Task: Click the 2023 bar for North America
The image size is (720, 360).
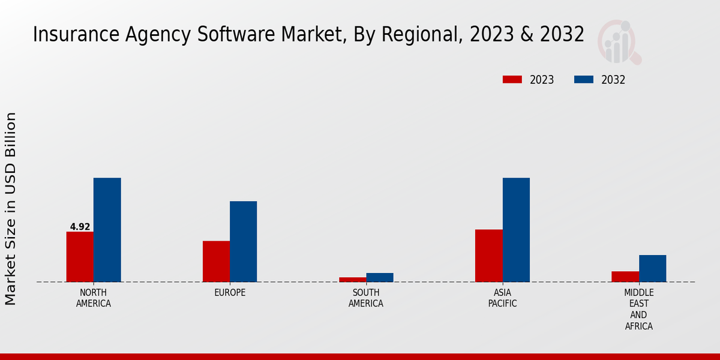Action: (80, 257)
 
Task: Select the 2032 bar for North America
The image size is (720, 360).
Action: (107, 230)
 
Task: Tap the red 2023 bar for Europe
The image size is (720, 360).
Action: (216, 261)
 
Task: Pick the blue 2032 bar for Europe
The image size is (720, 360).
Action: (243, 241)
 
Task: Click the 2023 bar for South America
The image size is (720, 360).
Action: (352, 279)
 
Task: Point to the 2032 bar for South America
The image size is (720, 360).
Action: (380, 277)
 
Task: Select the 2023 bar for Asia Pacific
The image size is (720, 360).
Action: (488, 256)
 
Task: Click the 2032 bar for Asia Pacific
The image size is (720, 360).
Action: (516, 230)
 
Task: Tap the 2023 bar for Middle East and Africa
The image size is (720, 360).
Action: (625, 276)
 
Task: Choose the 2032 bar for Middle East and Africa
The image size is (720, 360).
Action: (652, 268)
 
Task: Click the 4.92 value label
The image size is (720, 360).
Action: (80, 227)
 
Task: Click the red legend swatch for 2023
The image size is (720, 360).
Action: (512, 80)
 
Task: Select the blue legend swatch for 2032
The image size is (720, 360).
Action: (584, 80)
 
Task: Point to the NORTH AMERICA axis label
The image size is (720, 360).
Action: (94, 298)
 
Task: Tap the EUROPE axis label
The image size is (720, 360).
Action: (230, 293)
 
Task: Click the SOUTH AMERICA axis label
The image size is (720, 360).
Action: (366, 298)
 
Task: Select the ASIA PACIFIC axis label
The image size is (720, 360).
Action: (502, 298)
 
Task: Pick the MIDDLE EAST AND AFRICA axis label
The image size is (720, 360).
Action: (638, 310)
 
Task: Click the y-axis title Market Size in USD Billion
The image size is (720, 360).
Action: (11, 208)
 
